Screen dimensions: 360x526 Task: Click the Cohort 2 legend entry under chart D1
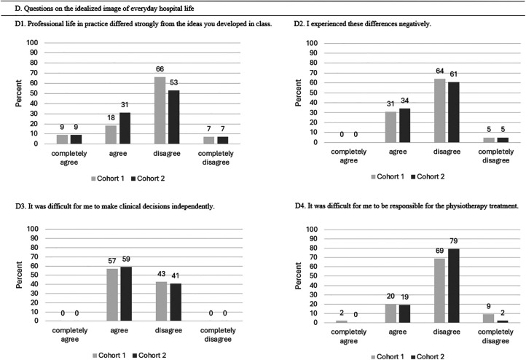coord(152,178)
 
